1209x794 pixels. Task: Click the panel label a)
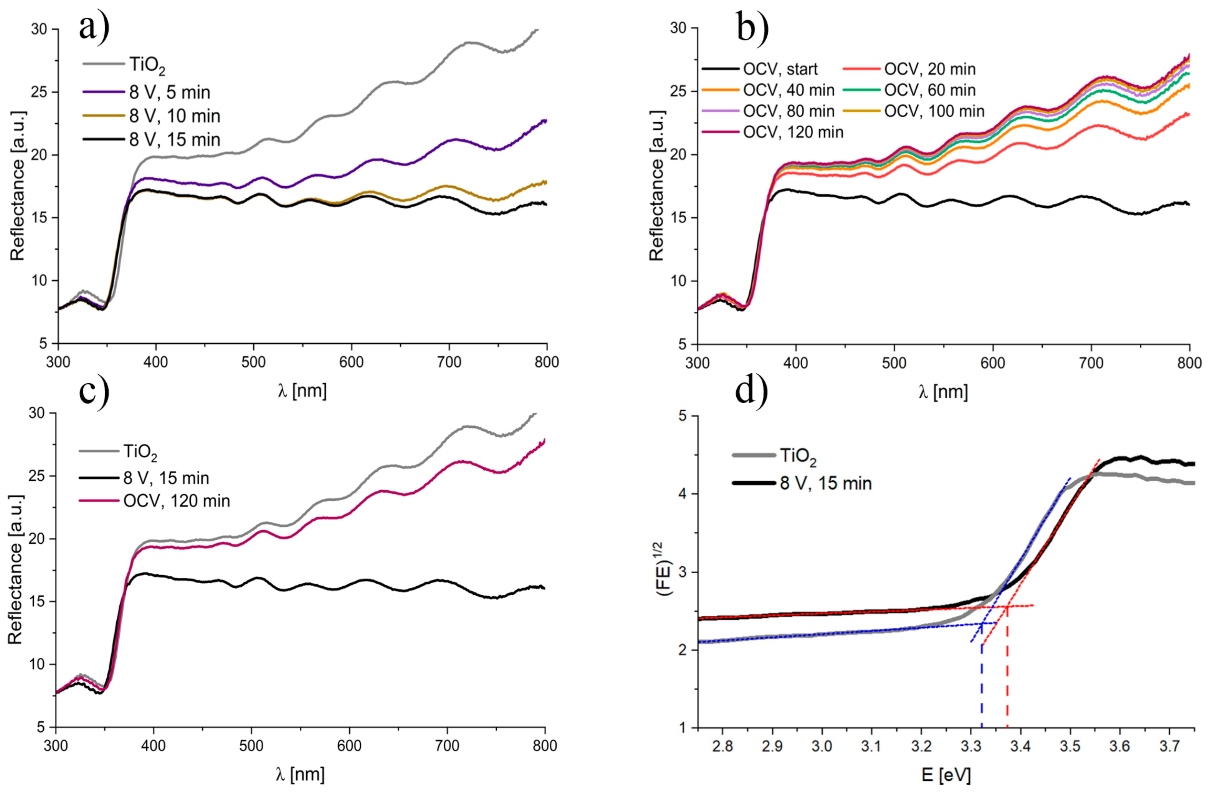pos(94,26)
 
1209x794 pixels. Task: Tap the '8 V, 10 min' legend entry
pos(174,116)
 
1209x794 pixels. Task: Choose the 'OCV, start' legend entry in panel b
pos(780,69)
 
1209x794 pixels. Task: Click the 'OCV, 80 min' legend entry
pos(788,111)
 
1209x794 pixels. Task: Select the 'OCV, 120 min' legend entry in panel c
pos(176,501)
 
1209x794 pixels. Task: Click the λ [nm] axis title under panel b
pos(943,392)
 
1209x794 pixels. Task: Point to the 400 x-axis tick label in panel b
pos(796,363)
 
